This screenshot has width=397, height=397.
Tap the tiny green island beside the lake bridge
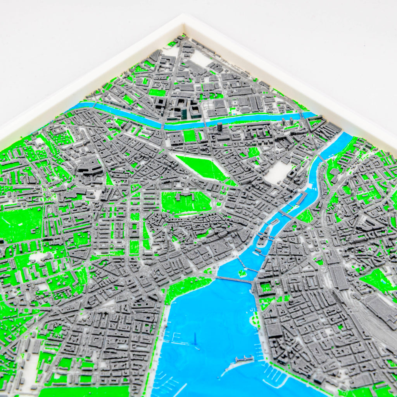[x=243, y=273]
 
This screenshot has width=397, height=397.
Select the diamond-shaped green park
[x=202, y=167]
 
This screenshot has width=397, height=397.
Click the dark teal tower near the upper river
[x=184, y=113]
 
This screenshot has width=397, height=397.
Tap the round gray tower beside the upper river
[x=220, y=127]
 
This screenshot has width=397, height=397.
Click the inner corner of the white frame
[x=184, y=27]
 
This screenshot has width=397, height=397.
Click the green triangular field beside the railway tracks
[x=376, y=280]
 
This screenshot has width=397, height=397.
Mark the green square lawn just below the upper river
[x=190, y=136]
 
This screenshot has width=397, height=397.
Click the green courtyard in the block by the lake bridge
[x=266, y=288]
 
